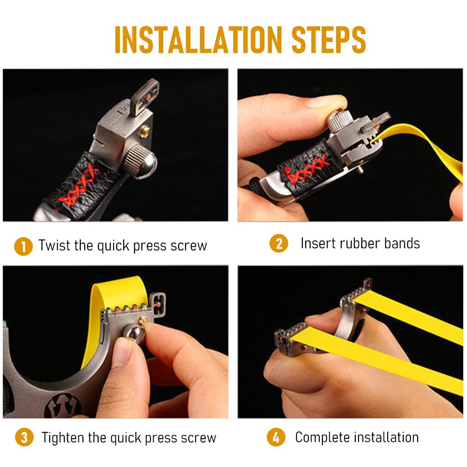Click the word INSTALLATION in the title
[198, 40]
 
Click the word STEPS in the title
[329, 40]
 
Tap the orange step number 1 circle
[23, 246]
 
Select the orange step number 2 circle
[279, 244]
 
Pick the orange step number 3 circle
[24, 437]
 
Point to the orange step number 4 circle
[276, 437]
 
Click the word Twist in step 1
[55, 245]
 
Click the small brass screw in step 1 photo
[145, 130]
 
